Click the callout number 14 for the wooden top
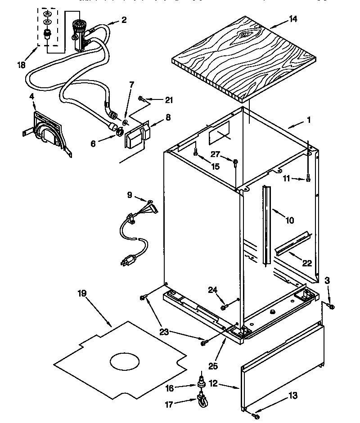point(293,19)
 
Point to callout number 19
point(82,293)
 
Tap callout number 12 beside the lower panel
point(213,383)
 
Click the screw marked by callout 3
point(331,306)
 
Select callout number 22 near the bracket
point(307,263)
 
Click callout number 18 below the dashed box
point(21,65)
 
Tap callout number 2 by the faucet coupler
point(124,19)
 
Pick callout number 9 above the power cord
point(130,195)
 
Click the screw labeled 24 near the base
point(224,307)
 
